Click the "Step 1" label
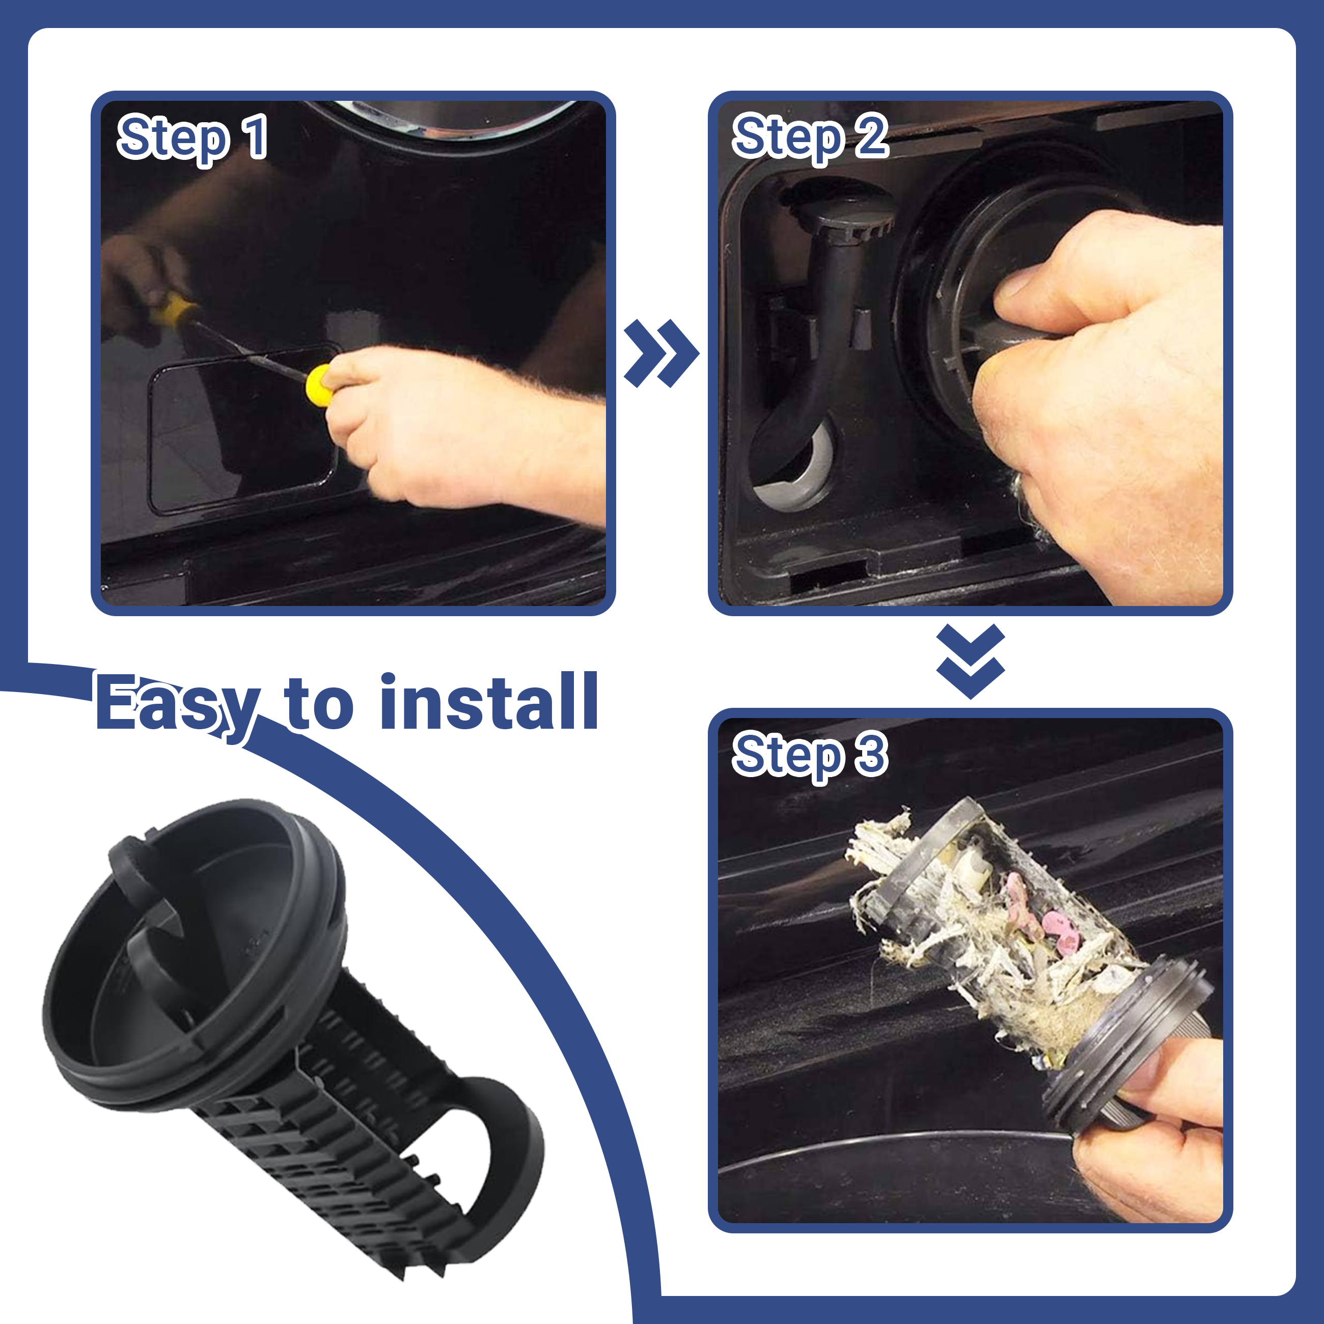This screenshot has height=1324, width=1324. [192, 139]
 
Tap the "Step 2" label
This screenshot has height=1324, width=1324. [810, 139]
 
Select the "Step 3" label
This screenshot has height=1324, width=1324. [810, 756]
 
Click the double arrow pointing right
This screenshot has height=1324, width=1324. [662, 353]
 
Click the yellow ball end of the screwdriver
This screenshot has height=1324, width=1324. [319, 382]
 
